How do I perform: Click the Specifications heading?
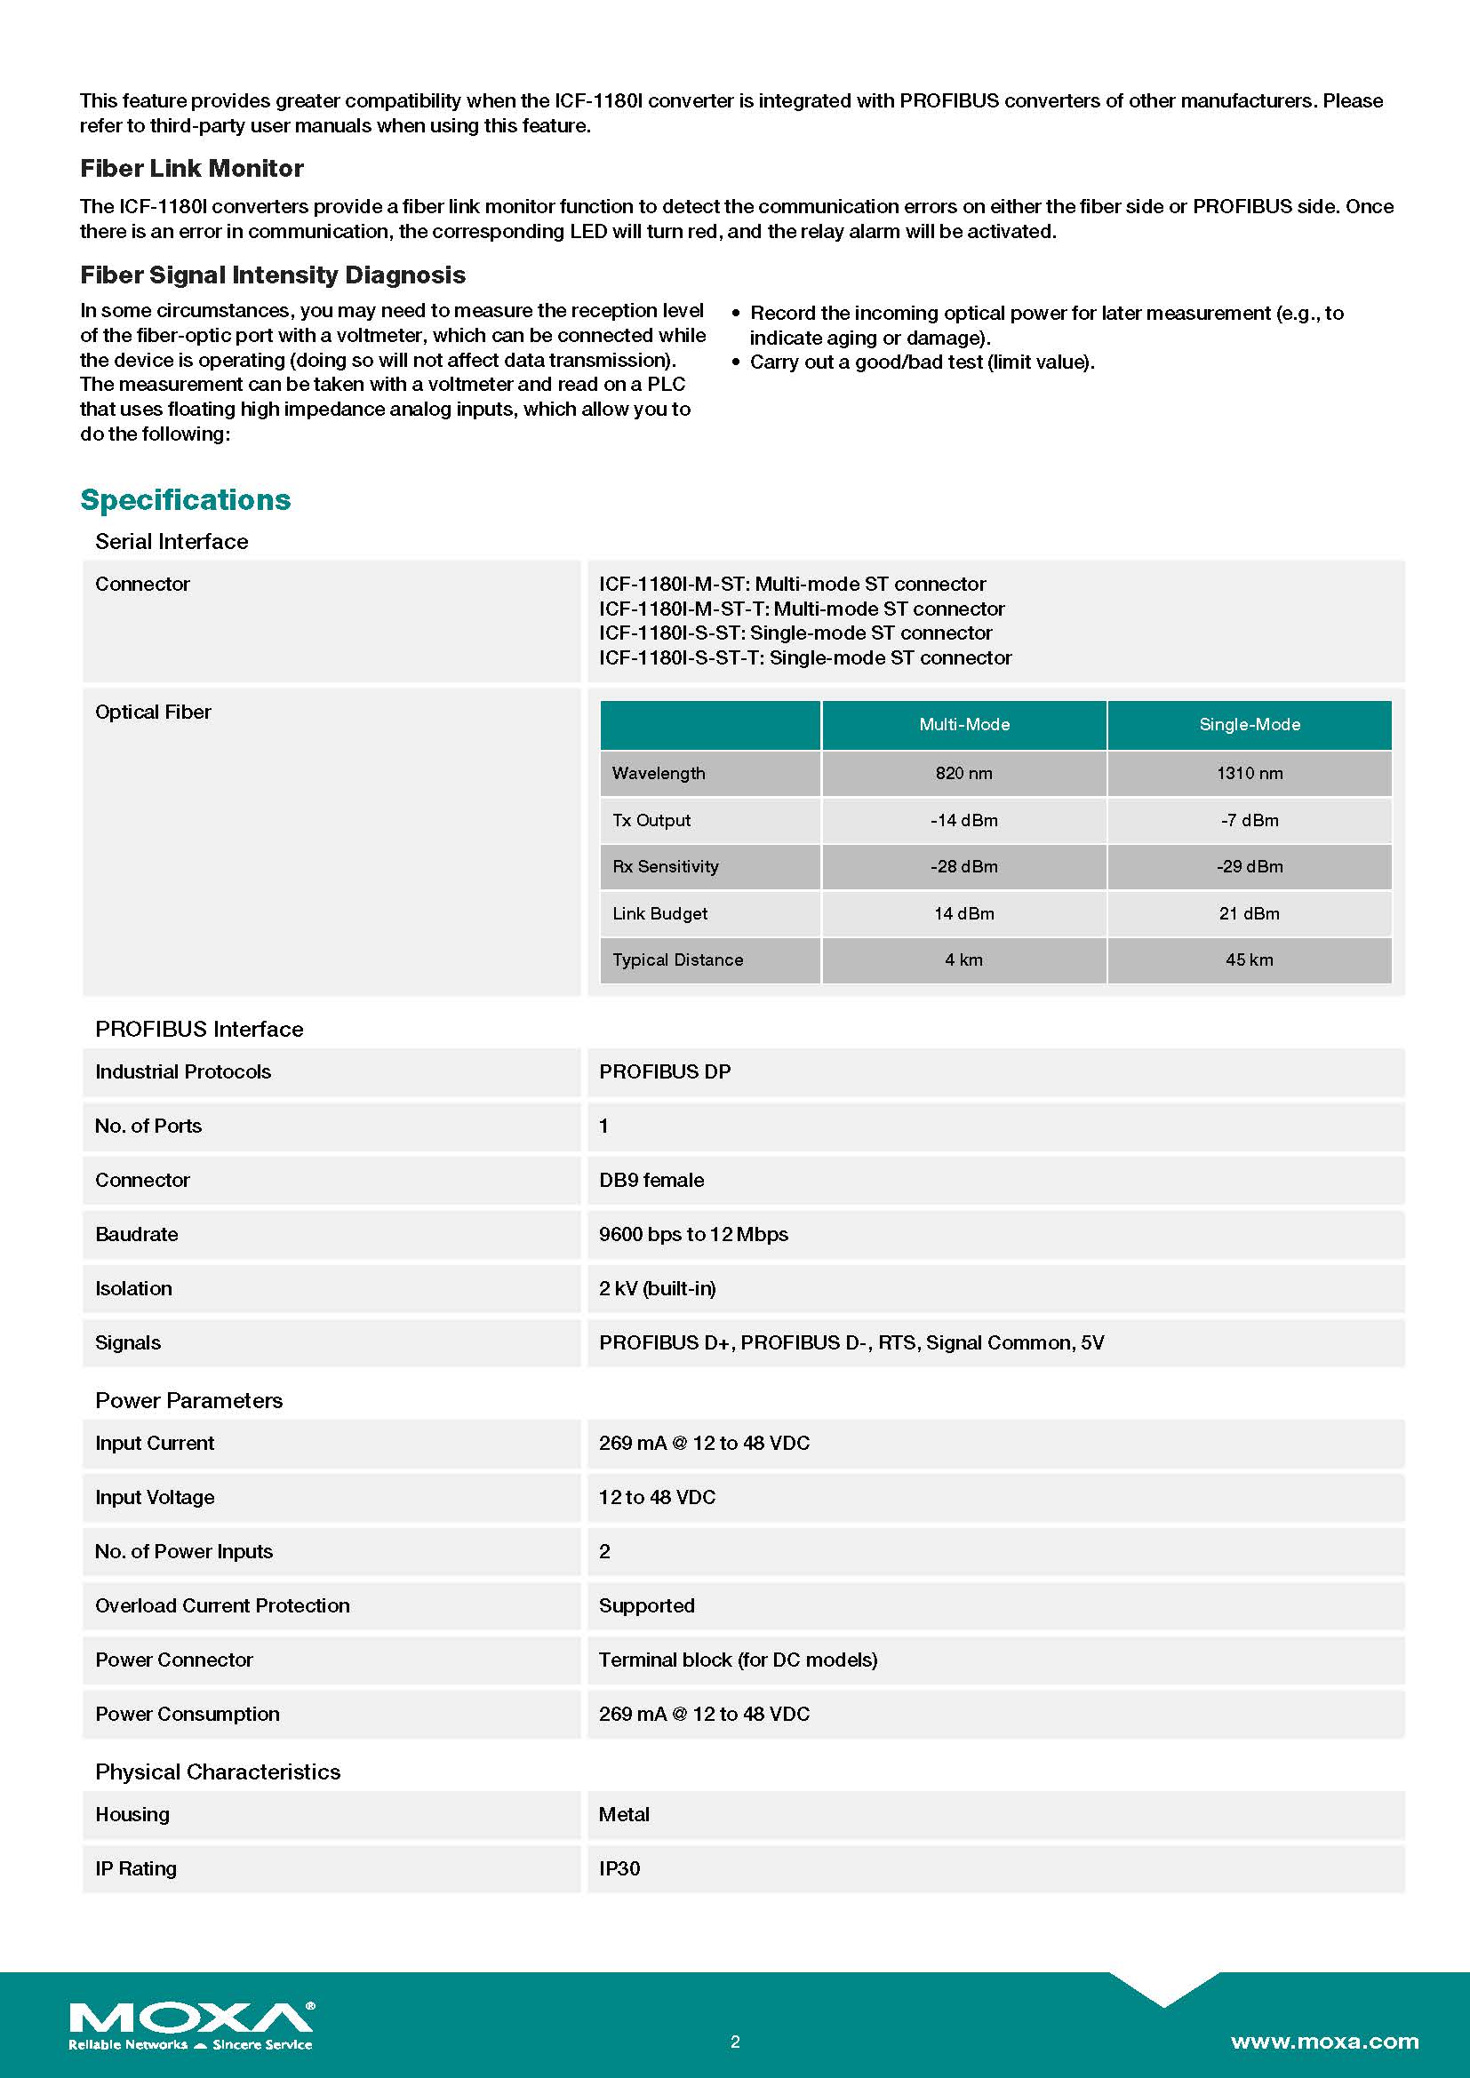click(186, 499)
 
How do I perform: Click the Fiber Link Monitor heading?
click(192, 168)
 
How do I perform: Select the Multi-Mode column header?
click(964, 724)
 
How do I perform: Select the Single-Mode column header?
click(1249, 724)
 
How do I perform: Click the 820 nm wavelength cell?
click(964, 773)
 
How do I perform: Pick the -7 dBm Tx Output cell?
click(1249, 820)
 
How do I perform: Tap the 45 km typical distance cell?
click(1249, 959)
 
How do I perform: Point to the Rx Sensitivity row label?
click(666, 866)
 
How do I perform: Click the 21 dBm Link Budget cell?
click(1249, 913)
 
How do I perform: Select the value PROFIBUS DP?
click(665, 1071)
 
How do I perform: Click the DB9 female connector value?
click(651, 1180)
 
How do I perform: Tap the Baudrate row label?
click(137, 1235)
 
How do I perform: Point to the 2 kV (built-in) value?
click(657, 1289)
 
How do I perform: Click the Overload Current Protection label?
click(222, 1605)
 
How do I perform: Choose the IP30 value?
click(619, 1868)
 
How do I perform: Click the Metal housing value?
click(624, 1814)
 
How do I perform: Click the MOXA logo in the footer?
click(191, 2025)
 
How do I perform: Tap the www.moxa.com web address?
click(1324, 2041)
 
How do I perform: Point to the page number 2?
click(735, 2041)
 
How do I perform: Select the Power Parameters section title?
click(188, 1400)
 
